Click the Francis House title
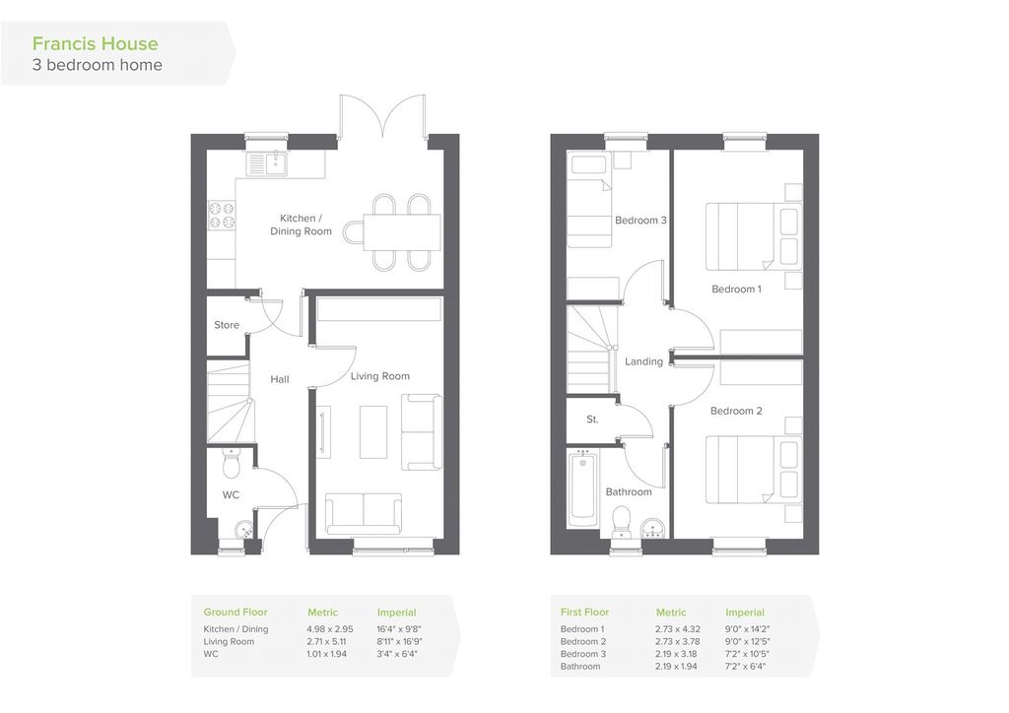pyautogui.click(x=96, y=43)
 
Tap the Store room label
pyautogui.click(x=227, y=325)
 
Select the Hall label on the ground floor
pyautogui.click(x=279, y=379)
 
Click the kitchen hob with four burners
pyautogui.click(x=222, y=216)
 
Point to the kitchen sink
pyautogui.click(x=266, y=163)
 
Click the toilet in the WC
pyautogui.click(x=231, y=462)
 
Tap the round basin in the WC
pyautogui.click(x=244, y=531)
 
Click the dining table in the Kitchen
pyautogui.click(x=402, y=232)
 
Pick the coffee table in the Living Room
pyautogui.click(x=373, y=432)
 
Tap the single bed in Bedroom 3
pyautogui.click(x=589, y=200)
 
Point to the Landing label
pyautogui.click(x=643, y=361)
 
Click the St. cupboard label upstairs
pyautogui.click(x=592, y=420)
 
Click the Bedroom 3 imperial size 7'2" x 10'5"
pyautogui.click(x=747, y=654)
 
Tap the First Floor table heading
pyautogui.click(x=584, y=613)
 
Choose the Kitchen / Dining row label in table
pyautogui.click(x=235, y=629)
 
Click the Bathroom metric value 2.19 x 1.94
pyautogui.click(x=676, y=666)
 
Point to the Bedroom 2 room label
pyautogui.click(x=736, y=411)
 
